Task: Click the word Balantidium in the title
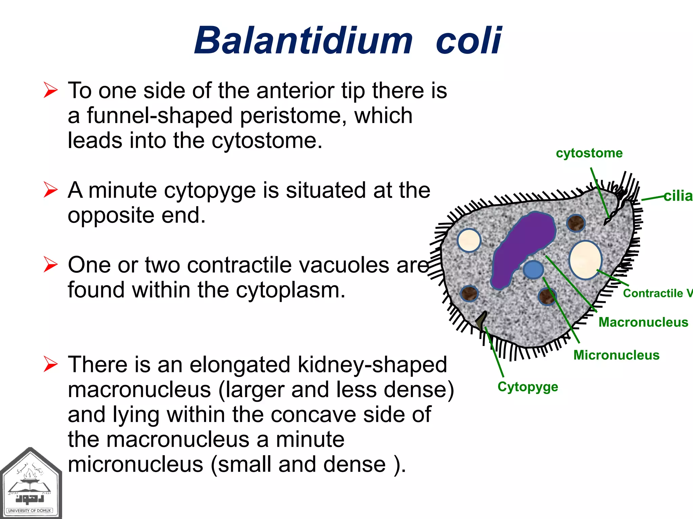(x=303, y=41)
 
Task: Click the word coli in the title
(x=468, y=41)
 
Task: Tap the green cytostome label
(x=589, y=153)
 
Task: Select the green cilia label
(x=678, y=196)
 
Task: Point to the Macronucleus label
(x=643, y=322)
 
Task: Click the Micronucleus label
(x=616, y=355)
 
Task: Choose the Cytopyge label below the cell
(x=528, y=387)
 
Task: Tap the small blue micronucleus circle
(x=533, y=270)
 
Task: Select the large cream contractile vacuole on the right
(x=585, y=259)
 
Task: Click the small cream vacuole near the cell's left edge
(x=469, y=241)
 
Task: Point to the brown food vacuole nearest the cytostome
(x=576, y=223)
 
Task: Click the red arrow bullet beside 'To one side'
(x=51, y=91)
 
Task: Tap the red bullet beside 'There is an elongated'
(x=51, y=365)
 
